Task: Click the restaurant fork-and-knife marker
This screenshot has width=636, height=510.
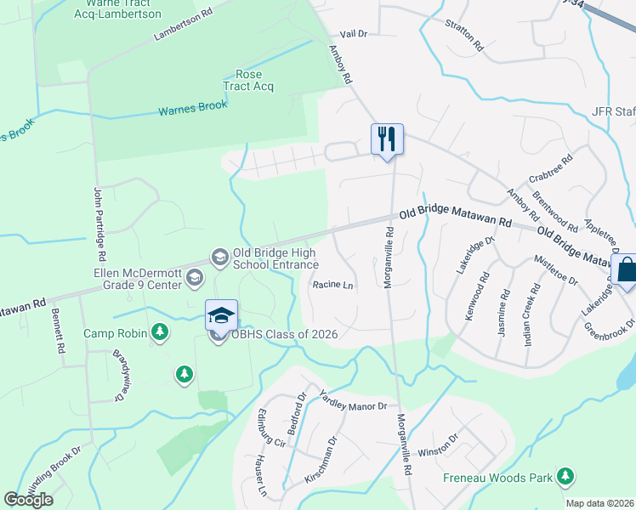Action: click(x=387, y=139)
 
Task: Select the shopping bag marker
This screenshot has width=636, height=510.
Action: click(x=625, y=270)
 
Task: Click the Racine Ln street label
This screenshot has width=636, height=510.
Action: click(x=332, y=286)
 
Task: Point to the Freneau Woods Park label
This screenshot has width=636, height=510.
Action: click(x=498, y=478)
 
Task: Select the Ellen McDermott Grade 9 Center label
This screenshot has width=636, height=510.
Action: click(x=139, y=279)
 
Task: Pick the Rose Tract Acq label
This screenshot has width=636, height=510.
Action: click(x=248, y=80)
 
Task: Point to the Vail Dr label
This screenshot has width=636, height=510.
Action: click(x=352, y=33)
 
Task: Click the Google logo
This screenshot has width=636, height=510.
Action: click(x=29, y=500)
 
